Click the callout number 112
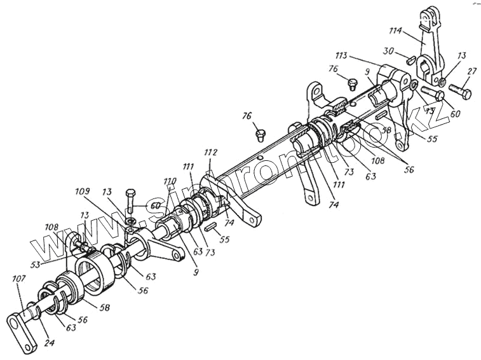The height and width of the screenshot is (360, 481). pyautogui.click(x=211, y=153)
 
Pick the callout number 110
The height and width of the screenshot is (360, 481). pyautogui.click(x=169, y=181)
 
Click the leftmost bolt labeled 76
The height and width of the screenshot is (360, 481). pyautogui.click(x=259, y=134)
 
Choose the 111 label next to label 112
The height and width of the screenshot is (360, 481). pyautogui.click(x=189, y=166)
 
